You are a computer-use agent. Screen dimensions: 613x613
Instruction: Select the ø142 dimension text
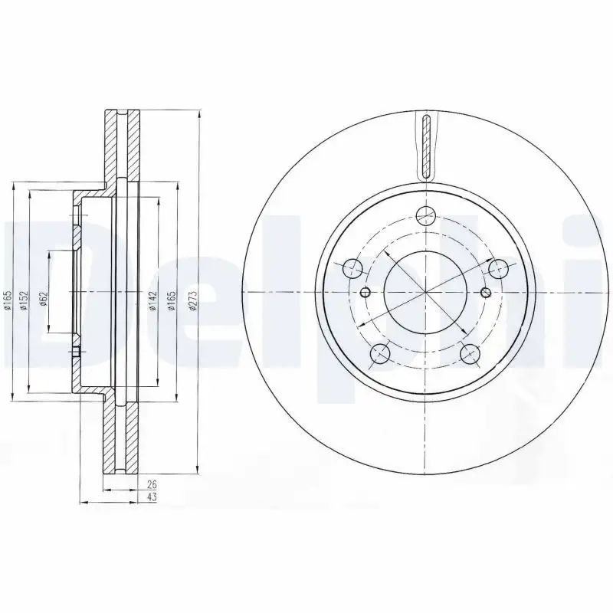152,300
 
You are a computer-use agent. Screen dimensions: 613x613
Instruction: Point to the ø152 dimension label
24,300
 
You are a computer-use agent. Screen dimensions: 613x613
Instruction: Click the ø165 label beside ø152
7,300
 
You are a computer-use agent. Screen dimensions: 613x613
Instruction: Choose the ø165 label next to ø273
172,300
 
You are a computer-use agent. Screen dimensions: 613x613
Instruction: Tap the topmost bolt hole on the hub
425,216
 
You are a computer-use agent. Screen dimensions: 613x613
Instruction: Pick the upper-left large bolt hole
352,268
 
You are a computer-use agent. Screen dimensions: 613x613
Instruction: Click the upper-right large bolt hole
499,268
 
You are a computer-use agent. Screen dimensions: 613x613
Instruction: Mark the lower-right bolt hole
470,353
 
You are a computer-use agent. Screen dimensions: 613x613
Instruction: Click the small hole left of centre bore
366,292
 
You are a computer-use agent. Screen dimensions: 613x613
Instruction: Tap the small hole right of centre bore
485,292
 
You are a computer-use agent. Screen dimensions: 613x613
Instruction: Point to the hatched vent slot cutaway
426,146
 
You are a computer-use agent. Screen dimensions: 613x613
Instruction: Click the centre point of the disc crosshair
425,292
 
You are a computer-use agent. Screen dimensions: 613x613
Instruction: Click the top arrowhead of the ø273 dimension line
199,114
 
